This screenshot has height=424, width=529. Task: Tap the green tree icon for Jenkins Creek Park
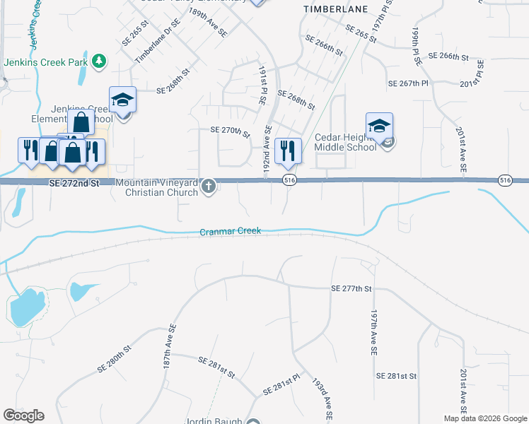point(100,61)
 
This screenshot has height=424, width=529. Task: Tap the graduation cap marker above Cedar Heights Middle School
point(379,126)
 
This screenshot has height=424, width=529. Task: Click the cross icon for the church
point(208,187)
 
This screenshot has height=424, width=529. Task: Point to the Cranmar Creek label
point(230,231)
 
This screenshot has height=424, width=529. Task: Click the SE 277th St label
point(351,288)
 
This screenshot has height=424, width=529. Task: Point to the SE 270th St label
point(231,131)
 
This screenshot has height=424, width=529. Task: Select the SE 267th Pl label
point(408,83)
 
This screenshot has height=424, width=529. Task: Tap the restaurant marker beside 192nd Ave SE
point(287,150)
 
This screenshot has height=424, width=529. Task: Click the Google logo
point(23,416)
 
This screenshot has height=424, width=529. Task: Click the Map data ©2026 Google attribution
point(484,418)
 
